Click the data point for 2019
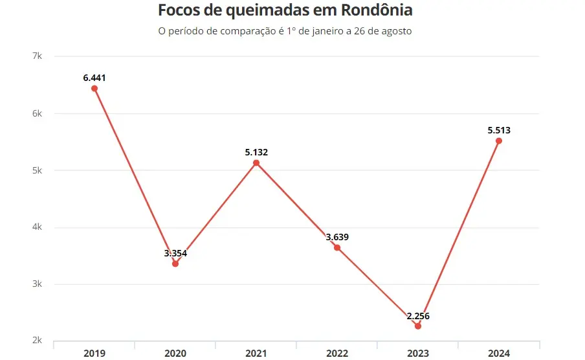[94, 88]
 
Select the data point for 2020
[175, 264]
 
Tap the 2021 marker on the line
[256, 163]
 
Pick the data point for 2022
[337, 247]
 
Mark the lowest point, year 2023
[418, 326]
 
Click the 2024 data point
[499, 141]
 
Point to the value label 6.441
[94, 78]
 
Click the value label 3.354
[175, 253]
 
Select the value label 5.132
[256, 152]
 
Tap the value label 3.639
[337, 237]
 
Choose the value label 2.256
[418, 316]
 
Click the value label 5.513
[499, 130]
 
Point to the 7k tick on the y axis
[37, 56]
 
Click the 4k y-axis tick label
[37, 227]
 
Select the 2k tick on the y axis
[37, 341]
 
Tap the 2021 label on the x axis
[256, 353]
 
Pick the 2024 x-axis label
[499, 353]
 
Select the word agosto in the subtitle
[396, 30]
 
